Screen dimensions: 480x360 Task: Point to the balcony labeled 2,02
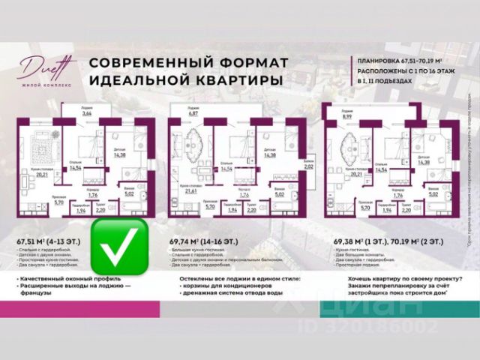[308, 167]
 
